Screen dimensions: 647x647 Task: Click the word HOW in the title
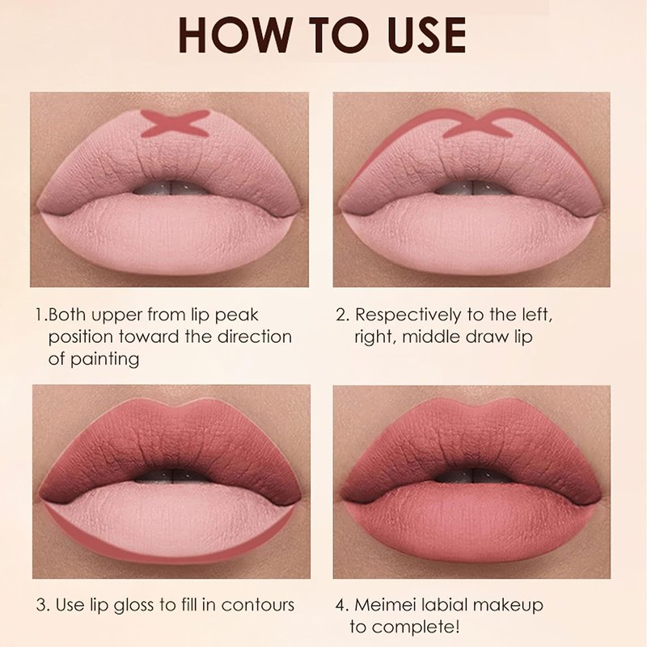[x=235, y=35]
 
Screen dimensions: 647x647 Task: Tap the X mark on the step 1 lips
[x=175, y=124]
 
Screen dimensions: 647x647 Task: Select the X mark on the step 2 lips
[x=477, y=124]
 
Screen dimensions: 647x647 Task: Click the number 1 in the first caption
[x=40, y=315]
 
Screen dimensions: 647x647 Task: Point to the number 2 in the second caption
[x=342, y=315]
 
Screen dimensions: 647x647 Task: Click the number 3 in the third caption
[x=43, y=605]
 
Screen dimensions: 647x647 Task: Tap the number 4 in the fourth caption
[x=342, y=605]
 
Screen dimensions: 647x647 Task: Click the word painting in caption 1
[x=104, y=359]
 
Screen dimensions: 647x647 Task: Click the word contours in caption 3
[x=257, y=605]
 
